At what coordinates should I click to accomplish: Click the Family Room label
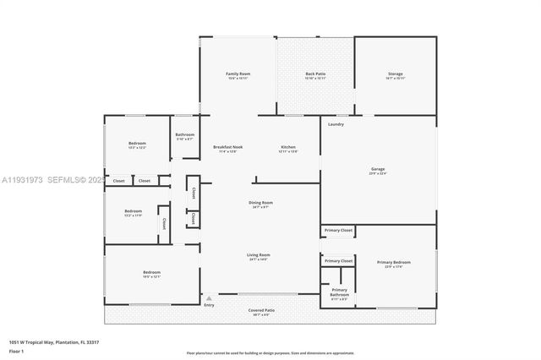(238, 74)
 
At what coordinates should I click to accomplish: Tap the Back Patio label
(316, 74)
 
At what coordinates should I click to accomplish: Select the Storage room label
(396, 74)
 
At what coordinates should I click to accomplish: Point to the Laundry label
(336, 125)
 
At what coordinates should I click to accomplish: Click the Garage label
(378, 169)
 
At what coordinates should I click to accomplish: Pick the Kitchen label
(288, 147)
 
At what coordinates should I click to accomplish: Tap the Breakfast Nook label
(228, 147)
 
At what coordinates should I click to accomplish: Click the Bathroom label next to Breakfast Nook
(185, 135)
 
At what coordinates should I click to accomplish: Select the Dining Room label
(260, 203)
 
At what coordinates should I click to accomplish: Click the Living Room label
(258, 254)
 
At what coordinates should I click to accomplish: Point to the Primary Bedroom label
(394, 263)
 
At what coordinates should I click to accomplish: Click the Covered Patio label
(261, 310)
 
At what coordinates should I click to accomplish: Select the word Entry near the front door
(209, 304)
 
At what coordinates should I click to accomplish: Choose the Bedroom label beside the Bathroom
(137, 144)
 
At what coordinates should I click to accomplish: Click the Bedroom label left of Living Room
(151, 272)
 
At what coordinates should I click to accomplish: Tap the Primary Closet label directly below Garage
(338, 230)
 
